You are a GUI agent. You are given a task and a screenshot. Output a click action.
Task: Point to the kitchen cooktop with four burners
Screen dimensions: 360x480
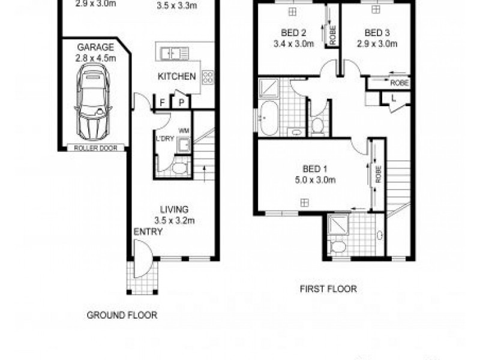(x=208, y=77)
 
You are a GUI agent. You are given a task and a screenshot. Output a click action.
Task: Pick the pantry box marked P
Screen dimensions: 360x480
(x=181, y=103)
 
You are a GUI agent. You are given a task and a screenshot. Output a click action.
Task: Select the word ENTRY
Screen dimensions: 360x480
(x=148, y=232)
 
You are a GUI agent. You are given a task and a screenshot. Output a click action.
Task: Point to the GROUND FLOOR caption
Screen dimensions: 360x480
(x=122, y=315)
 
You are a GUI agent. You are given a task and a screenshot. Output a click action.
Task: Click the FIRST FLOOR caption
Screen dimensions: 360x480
(x=328, y=289)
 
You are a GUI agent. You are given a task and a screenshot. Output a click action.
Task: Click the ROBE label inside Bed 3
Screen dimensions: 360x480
(x=399, y=83)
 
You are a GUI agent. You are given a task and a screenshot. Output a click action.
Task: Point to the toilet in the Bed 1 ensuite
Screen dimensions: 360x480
(x=338, y=247)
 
